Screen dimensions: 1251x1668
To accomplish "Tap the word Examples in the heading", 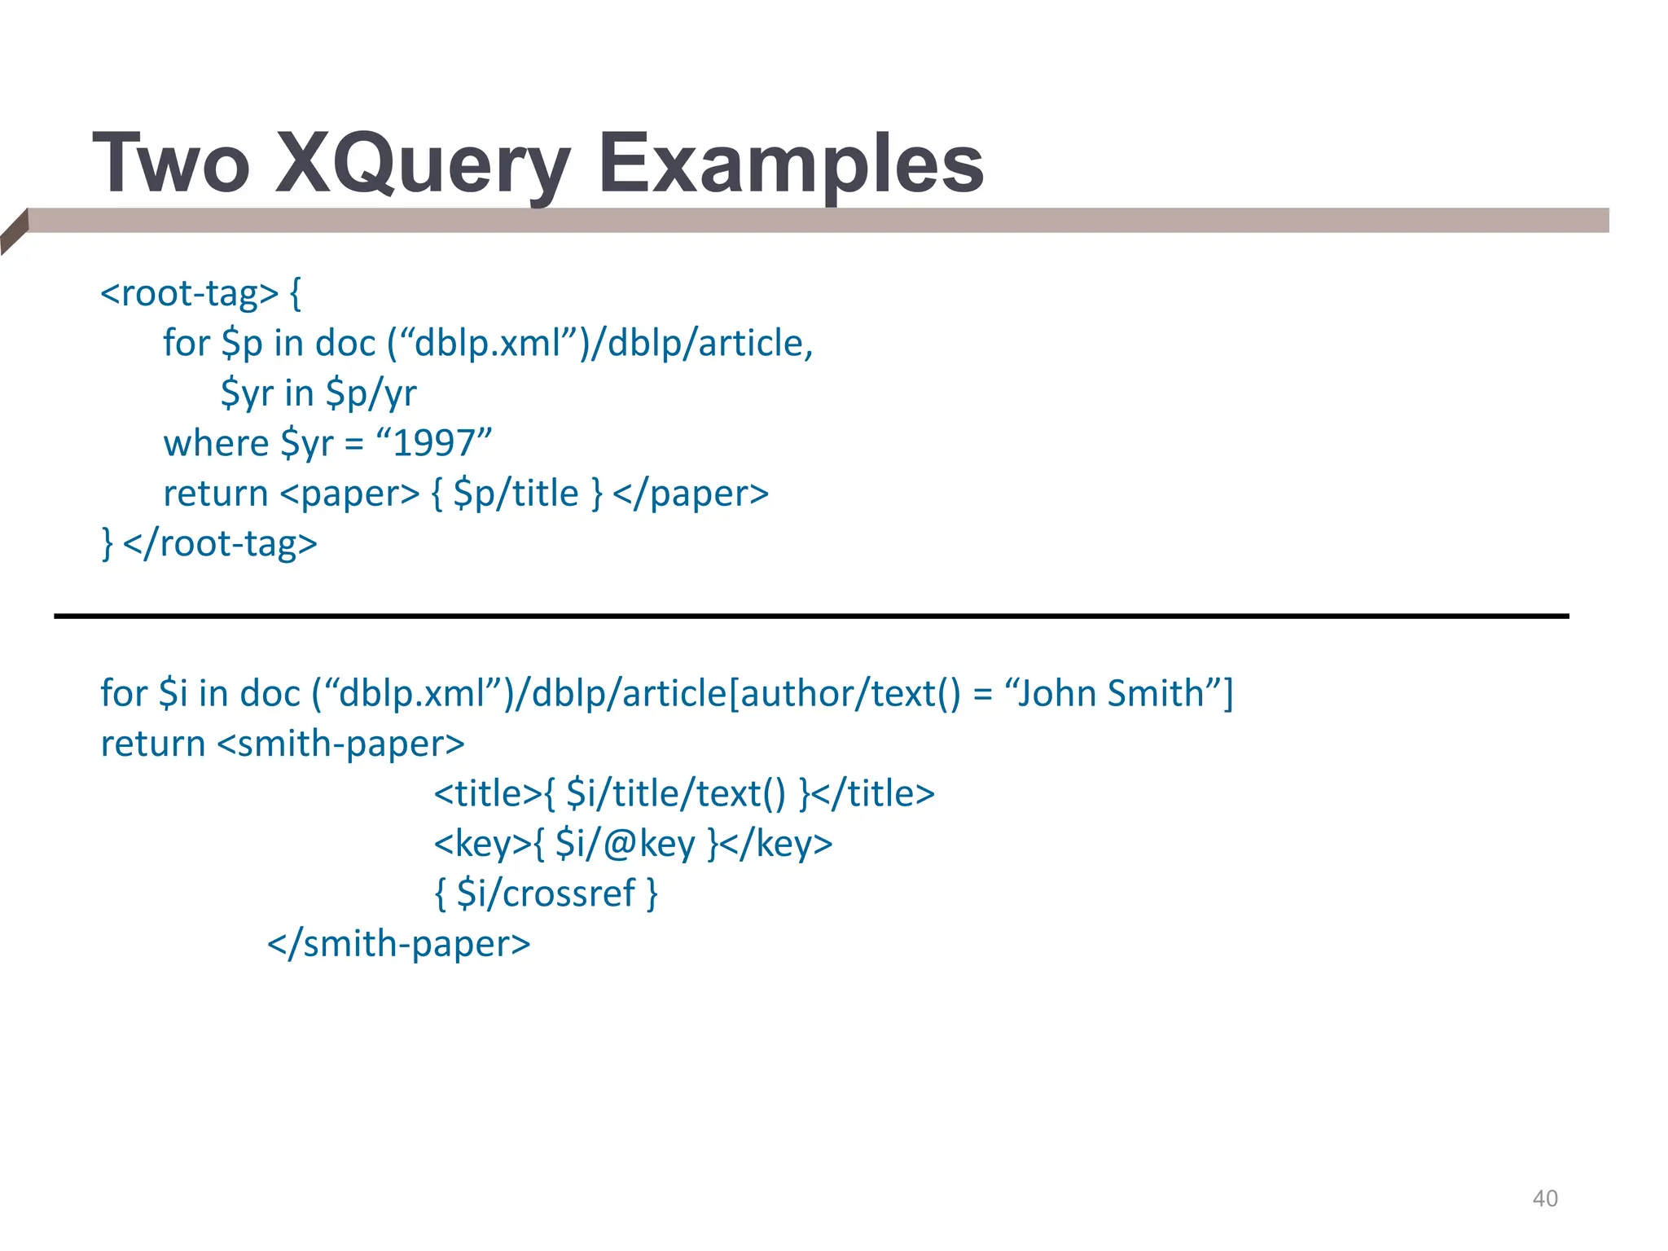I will [x=791, y=165].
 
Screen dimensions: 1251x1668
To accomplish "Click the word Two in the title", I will [x=171, y=165].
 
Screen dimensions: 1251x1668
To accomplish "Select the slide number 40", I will [x=1545, y=1198].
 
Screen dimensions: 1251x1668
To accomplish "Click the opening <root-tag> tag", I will [x=190, y=293].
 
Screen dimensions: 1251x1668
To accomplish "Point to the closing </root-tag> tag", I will [x=221, y=543].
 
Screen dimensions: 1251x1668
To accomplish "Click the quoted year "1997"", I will [x=434, y=443].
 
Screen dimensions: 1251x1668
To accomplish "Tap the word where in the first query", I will [x=216, y=443].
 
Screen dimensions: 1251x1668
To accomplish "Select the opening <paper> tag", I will [x=349, y=494].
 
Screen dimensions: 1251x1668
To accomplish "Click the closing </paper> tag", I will [x=691, y=494].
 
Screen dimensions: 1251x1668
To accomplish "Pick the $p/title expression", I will [x=516, y=494].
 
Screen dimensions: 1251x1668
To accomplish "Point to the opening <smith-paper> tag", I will [x=341, y=744].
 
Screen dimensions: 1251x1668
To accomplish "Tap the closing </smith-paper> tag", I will [x=399, y=944].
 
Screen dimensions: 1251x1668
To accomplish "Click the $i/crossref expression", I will [x=546, y=893].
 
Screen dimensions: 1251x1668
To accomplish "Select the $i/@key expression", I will [x=625, y=844].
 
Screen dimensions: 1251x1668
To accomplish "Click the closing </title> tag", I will [x=873, y=793].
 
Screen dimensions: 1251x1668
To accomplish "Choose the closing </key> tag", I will [x=777, y=844].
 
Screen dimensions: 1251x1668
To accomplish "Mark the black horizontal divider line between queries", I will [x=811, y=617].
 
